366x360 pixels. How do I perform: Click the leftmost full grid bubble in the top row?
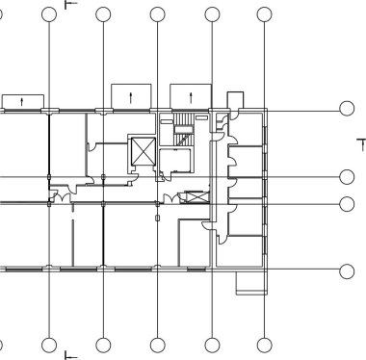coord(49,14)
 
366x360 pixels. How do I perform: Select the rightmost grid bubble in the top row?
coord(265,14)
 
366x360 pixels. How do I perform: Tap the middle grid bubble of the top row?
coord(157,14)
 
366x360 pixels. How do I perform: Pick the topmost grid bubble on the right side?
coord(348,109)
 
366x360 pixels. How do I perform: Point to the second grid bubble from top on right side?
coord(348,177)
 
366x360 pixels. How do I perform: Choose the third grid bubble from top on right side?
coord(348,203)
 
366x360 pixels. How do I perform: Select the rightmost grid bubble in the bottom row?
coord(265,345)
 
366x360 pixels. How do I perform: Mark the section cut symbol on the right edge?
coord(361,143)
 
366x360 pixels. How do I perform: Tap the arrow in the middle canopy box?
coord(131,96)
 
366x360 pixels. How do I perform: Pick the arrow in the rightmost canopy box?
coord(190,96)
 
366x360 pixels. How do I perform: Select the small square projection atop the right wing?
coord(235,100)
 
